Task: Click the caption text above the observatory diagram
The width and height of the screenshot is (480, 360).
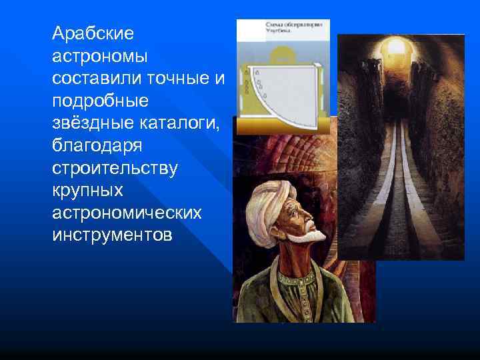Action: [x=293, y=27]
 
